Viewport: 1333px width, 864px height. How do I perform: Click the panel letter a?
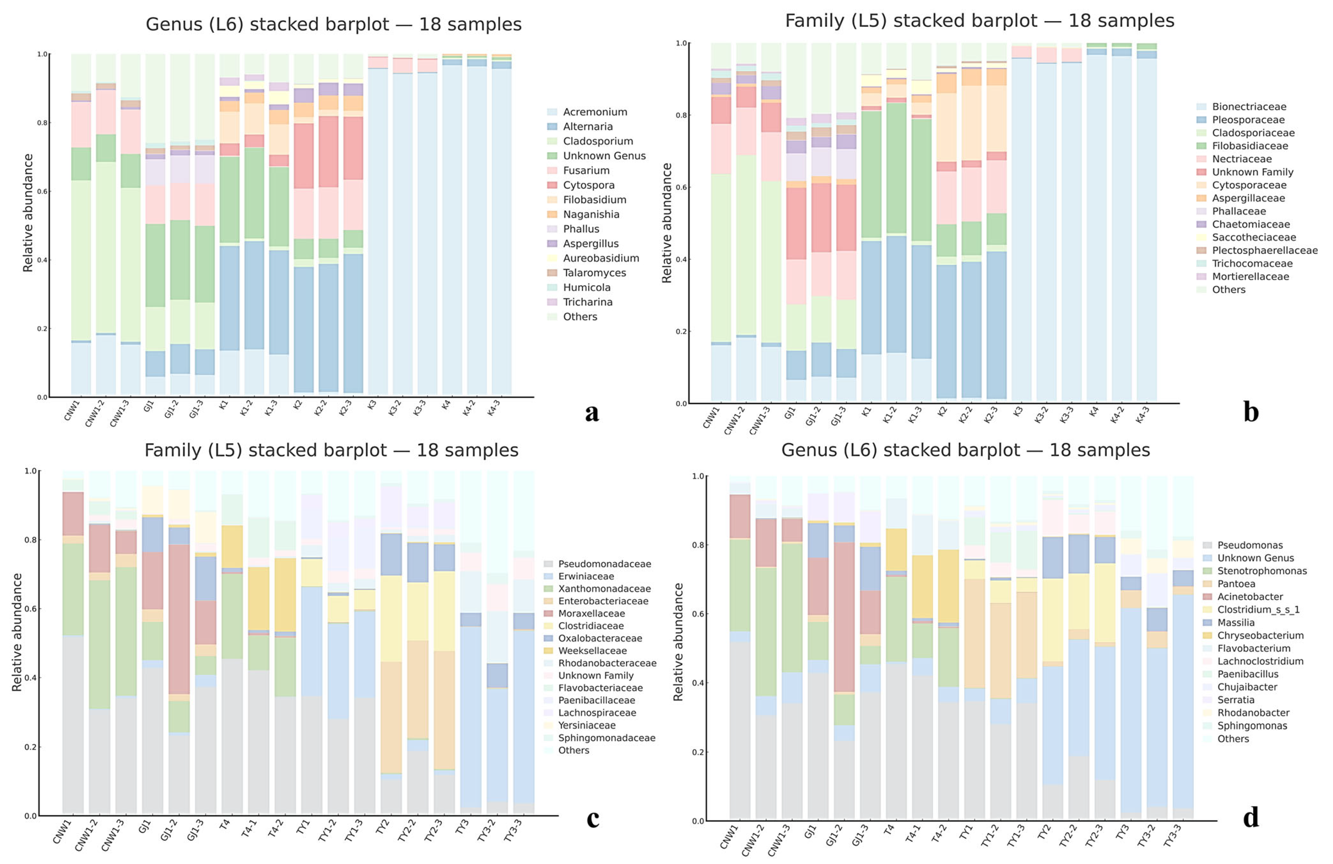[x=591, y=413]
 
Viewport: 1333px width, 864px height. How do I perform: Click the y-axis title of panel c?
[x=17, y=632]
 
